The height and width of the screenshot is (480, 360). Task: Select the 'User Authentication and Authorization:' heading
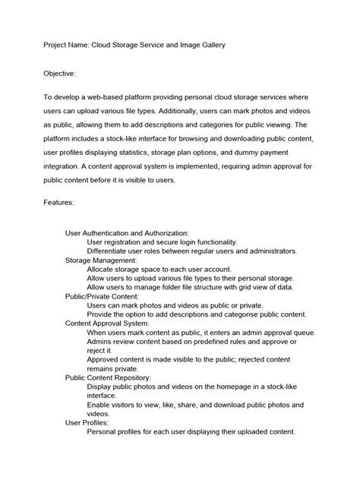[x=127, y=233]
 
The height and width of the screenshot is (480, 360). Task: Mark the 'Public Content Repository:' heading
[x=108, y=377]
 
